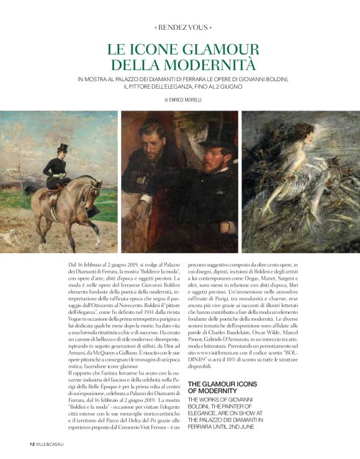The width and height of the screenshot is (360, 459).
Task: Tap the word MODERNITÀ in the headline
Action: tap(213, 63)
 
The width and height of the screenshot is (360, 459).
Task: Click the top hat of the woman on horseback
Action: tap(63, 148)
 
